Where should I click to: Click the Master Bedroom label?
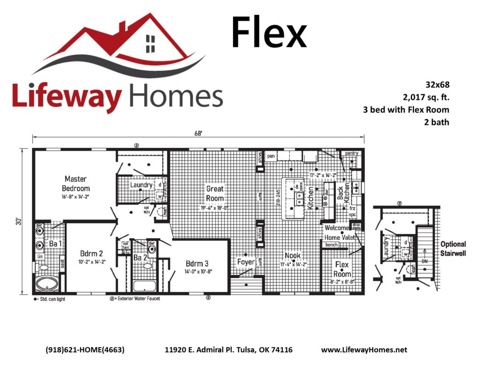pos(76,183)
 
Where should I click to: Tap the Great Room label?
pos(215,193)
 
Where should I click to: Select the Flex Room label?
pos(342,269)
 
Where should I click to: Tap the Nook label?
pos(292,256)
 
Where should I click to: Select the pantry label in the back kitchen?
pos(352,154)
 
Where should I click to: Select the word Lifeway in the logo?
pos(68,96)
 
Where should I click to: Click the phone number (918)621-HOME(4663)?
pos(85,350)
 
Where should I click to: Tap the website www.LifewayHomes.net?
pos(364,350)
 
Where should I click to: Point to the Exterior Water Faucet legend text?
pos(136,298)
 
